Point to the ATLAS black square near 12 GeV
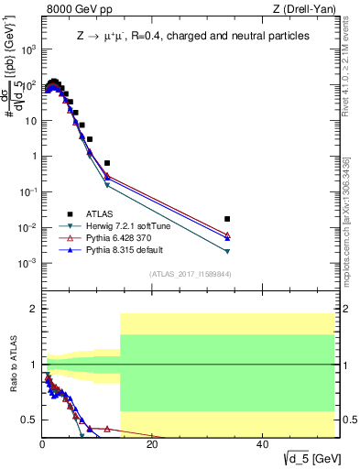(x=107, y=163)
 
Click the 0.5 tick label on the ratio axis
(x=27, y=420)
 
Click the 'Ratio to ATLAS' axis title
(x=13, y=365)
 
